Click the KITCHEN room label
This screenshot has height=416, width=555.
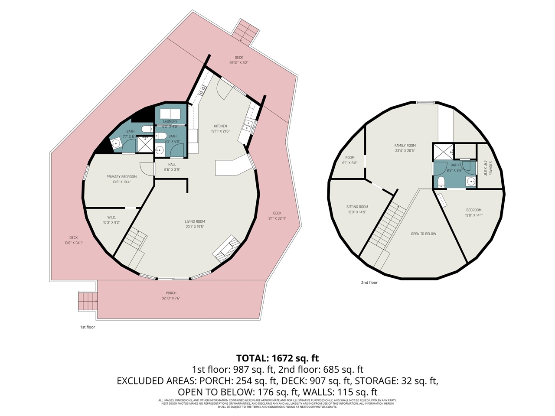coord(220,126)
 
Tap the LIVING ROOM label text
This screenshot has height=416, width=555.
coord(195,221)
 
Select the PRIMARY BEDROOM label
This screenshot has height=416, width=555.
coord(121,177)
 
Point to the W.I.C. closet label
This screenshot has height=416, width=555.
coord(111,217)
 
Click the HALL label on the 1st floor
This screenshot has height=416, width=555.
coord(172,165)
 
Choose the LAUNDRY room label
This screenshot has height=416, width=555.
coord(170,122)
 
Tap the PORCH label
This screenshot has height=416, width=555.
coord(171,293)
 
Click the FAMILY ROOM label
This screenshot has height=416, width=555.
coord(405,146)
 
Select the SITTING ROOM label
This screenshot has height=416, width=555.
coord(357,207)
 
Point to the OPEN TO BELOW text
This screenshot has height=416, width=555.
coord(424,234)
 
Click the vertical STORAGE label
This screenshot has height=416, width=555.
coord(490,168)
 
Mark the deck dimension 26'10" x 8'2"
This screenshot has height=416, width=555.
coord(239,63)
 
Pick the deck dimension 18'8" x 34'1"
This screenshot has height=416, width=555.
coord(73,243)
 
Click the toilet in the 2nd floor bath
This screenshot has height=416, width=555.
coord(441,182)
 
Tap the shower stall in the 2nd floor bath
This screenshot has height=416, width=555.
coord(443,152)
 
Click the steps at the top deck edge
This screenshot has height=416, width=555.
coord(243,32)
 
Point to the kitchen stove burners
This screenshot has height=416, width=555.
coord(202,90)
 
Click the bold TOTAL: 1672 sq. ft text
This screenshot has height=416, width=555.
coord(277,358)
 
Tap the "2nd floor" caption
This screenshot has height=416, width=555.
coord(369,283)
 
